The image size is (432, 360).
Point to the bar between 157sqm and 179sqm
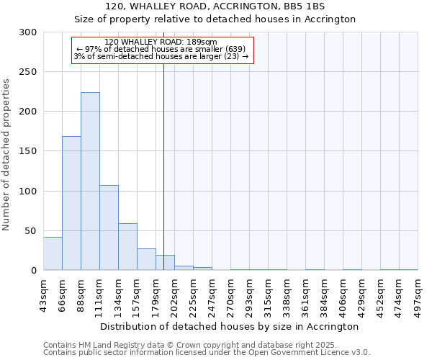[146, 259]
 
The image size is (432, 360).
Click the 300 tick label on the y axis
[28, 32]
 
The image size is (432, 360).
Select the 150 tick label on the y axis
[28, 151]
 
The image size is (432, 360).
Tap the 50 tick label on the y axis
[31, 230]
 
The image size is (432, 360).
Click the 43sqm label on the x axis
[43, 294]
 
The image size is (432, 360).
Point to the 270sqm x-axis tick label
[230, 295]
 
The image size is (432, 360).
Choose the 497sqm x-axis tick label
[418, 295]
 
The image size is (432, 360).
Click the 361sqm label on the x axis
[305, 295]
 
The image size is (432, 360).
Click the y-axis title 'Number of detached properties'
[7, 155]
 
